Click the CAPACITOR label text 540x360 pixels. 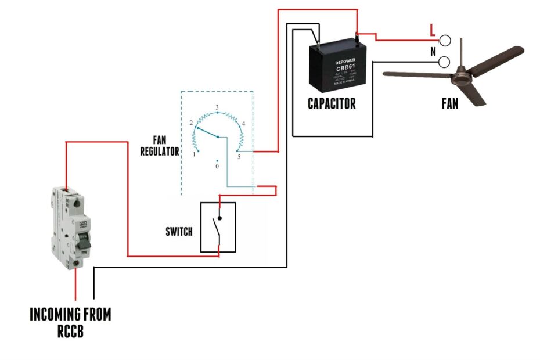coord(332,104)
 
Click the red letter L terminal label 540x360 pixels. coord(432,29)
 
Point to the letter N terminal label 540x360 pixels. coord(433,52)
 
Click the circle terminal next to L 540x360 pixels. coord(445,40)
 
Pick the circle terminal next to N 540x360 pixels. coord(445,62)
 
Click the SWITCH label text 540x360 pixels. coord(179,232)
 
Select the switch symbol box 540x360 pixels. coord(218,227)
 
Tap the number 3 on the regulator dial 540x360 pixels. coord(217,108)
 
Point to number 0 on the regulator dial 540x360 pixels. coord(217,166)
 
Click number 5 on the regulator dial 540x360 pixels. coord(238,156)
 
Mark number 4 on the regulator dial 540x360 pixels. coord(243,124)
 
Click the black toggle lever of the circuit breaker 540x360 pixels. coord(85,243)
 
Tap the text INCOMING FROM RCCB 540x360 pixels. coord(70,323)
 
